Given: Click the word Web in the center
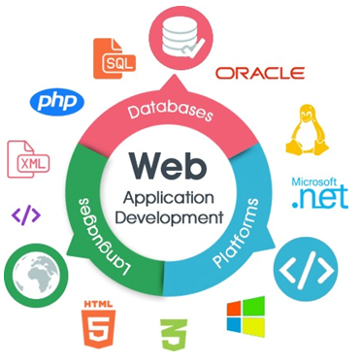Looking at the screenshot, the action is (x=177, y=163).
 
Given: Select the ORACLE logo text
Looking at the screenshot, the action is (x=259, y=73).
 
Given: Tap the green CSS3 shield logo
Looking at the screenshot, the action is (x=172, y=335).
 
